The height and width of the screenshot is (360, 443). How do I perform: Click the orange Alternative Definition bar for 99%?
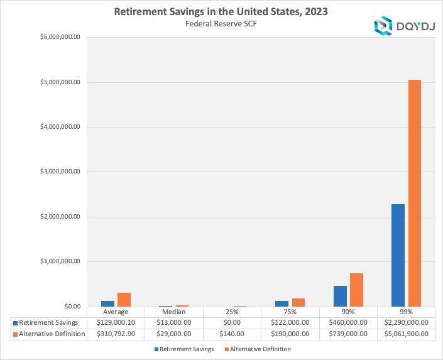pyautogui.click(x=414, y=193)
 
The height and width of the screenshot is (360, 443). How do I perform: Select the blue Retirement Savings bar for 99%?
pyautogui.click(x=398, y=255)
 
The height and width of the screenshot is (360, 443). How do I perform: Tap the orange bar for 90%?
pyautogui.click(x=356, y=290)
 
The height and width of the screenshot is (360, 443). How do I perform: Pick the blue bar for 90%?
pyautogui.click(x=340, y=296)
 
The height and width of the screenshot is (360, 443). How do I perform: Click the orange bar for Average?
pyautogui.click(x=124, y=299)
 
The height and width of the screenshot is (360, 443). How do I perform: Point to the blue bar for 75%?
pyautogui.click(x=282, y=303)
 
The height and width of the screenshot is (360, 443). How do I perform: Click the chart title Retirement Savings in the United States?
pyautogui.click(x=221, y=12)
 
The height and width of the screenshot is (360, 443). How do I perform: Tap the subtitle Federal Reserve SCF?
pyautogui.click(x=221, y=24)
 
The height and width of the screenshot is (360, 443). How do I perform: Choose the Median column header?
pyautogui.click(x=174, y=312)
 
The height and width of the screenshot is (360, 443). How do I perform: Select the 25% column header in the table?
pyautogui.click(x=232, y=312)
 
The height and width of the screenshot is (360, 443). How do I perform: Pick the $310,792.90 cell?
pyautogui.click(x=116, y=334)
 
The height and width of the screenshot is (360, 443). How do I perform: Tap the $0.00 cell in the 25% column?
pyautogui.click(x=232, y=322)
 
